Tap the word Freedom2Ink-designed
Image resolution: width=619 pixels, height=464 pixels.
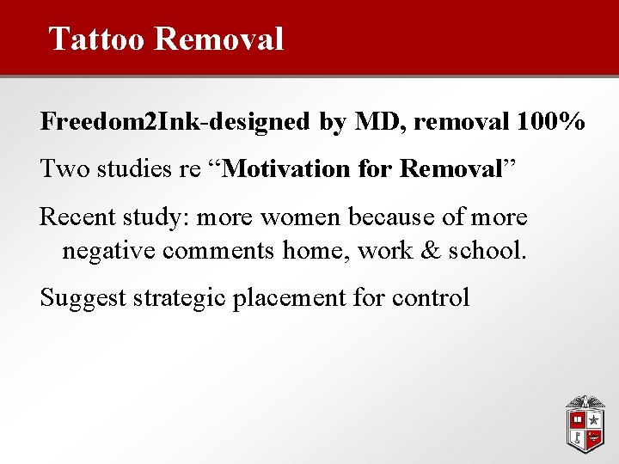(x=175, y=122)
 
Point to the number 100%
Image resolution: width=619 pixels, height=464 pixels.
(x=552, y=122)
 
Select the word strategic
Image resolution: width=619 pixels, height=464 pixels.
(x=175, y=297)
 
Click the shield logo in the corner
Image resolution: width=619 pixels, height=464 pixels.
(x=585, y=424)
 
